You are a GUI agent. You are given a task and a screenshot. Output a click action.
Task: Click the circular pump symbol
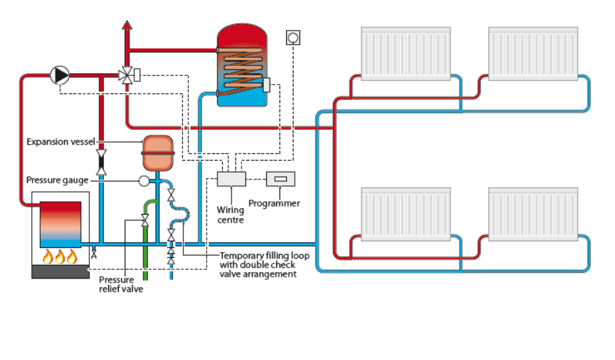pyautogui.click(x=60, y=75)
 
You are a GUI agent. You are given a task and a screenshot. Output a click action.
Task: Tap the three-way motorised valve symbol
pyautogui.click(x=127, y=75)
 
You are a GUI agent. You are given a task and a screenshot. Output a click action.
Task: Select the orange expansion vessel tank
pyautogui.click(x=157, y=153)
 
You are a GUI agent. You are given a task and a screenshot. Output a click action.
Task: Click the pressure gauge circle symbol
pyautogui.click(x=144, y=181)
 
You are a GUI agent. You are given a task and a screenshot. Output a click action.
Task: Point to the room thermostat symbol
pyautogui.click(x=293, y=37)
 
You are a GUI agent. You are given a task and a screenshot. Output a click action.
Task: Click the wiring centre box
pyautogui.click(x=231, y=179)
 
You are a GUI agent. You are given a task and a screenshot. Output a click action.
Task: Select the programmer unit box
pyautogui.click(x=280, y=179)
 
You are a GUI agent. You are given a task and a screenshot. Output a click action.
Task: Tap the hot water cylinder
pyautogui.click(x=242, y=65)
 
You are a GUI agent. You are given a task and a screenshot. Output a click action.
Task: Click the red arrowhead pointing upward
pyautogui.click(x=127, y=25)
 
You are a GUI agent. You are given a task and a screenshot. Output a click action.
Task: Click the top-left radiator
pyautogui.click(x=406, y=54)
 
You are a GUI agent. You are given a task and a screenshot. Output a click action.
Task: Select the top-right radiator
pyautogui.click(x=533, y=54)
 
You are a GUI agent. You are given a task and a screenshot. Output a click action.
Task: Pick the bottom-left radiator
pyautogui.click(x=406, y=214)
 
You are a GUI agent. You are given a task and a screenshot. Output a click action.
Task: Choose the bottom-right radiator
pyautogui.click(x=533, y=214)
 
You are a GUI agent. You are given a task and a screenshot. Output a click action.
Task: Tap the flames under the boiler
pyautogui.click(x=60, y=257)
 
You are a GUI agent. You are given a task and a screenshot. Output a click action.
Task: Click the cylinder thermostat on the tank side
pyautogui.click(x=266, y=85)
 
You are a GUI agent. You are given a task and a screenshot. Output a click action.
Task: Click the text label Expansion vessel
pyautogui.click(x=61, y=141)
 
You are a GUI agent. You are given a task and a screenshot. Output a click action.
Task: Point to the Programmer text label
pyautogui.click(x=274, y=203)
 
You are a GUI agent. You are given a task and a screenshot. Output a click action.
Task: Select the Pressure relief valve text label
pyautogui.click(x=121, y=284)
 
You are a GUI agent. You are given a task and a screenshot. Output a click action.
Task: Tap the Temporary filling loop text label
pyautogui.click(x=264, y=256)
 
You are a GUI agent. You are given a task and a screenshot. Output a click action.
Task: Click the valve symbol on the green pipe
pyautogui.click(x=145, y=221)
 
